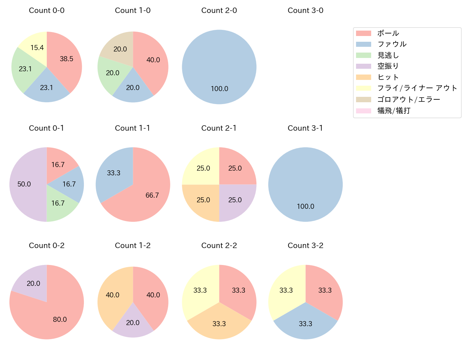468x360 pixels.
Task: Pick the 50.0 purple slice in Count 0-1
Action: (x=25, y=184)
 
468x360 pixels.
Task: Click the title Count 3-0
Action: (x=305, y=10)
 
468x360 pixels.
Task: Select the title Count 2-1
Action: (x=219, y=128)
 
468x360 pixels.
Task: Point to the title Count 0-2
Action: (x=46, y=246)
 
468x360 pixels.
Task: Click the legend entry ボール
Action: (x=388, y=33)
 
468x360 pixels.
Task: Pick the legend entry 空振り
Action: (x=388, y=66)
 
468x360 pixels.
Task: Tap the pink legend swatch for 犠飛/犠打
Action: (x=363, y=111)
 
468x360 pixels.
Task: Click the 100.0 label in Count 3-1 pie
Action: (x=305, y=206)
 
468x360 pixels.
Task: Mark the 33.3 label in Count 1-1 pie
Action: (x=113, y=173)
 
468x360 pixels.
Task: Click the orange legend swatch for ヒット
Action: (x=363, y=77)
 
